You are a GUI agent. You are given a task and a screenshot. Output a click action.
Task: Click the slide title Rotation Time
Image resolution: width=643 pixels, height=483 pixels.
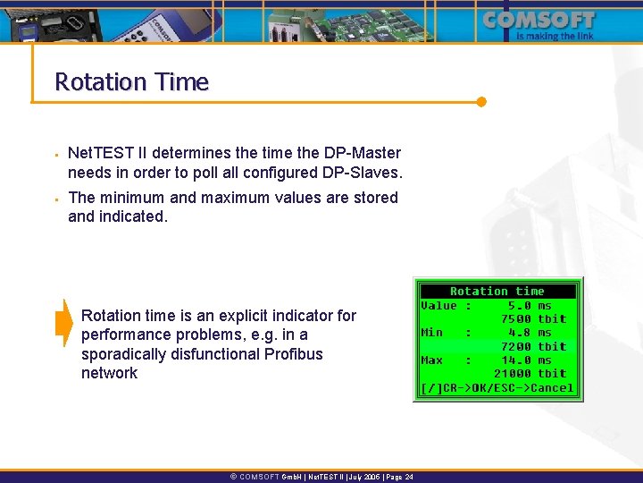tap(131, 82)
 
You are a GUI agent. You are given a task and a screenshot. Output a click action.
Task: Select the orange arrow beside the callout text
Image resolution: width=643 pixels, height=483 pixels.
tap(63, 322)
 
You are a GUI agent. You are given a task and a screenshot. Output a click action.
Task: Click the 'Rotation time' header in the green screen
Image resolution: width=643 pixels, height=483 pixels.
tap(497, 292)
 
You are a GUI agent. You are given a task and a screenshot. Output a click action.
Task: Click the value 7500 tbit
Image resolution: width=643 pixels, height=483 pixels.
tap(533, 318)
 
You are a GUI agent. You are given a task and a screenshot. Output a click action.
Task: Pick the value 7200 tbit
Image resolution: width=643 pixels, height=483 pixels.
tap(533, 346)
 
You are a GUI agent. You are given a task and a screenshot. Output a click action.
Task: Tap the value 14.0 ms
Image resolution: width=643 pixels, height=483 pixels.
tap(533, 360)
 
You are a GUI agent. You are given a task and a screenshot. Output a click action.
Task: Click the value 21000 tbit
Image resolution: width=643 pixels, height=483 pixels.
tap(530, 373)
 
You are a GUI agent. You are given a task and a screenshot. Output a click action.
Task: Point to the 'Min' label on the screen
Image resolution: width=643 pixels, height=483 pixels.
tap(432, 332)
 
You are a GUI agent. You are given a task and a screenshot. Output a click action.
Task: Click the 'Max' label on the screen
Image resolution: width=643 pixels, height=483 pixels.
tap(432, 360)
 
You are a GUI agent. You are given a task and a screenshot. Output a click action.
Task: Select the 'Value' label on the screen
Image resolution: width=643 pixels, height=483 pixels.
tap(438, 305)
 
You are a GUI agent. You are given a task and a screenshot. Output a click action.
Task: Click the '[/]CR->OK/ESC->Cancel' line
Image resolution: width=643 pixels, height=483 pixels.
tap(497, 387)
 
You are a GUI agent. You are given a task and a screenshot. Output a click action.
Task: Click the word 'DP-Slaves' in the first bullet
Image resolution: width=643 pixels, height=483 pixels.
tap(365, 173)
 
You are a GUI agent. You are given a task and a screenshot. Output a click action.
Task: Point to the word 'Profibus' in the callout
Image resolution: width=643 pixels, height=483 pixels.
tap(294, 353)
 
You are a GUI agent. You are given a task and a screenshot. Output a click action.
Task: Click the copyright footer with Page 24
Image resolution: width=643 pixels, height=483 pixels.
tap(321, 477)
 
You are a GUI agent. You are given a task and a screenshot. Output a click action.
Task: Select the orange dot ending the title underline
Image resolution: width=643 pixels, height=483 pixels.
tap(481, 101)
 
